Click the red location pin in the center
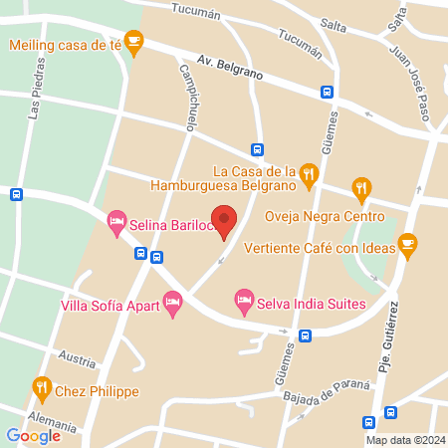226,221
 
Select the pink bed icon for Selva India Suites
243,299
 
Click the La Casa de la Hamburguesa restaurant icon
309,174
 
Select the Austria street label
76,354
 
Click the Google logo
33,435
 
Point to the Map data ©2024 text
403,440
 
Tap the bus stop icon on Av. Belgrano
327,92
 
